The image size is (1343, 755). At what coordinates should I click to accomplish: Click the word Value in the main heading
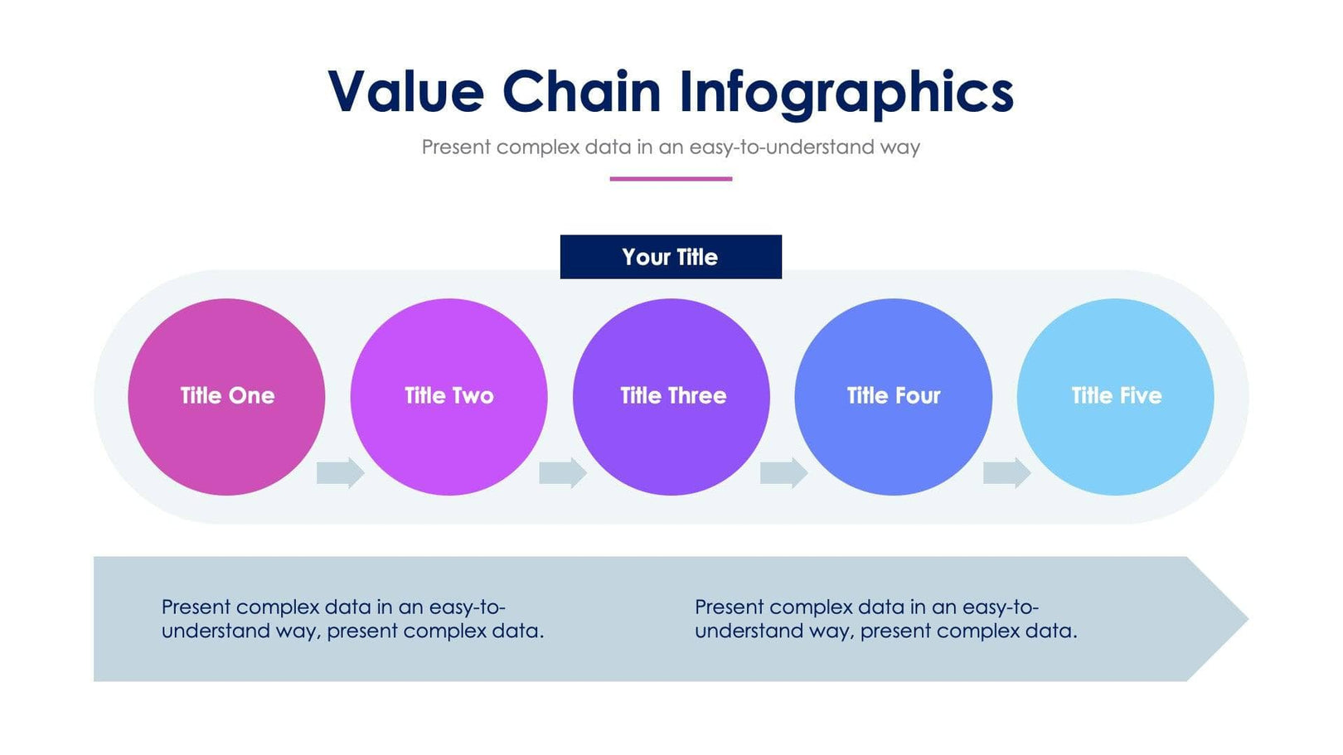[405, 91]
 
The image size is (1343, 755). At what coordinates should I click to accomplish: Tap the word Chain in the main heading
[581, 91]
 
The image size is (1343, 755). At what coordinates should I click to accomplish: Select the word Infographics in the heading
[846, 93]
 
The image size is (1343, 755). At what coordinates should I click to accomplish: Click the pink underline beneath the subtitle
[671, 178]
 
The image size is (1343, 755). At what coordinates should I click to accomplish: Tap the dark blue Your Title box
[671, 257]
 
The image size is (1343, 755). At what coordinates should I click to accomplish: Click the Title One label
[227, 396]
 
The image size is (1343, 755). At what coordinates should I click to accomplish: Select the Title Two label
[448, 396]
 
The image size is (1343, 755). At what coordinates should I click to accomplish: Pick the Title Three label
[672, 396]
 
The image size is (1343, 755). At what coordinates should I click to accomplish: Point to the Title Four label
[893, 396]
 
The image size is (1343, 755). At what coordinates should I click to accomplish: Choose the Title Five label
[1116, 396]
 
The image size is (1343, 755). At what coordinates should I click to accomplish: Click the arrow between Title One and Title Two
[340, 472]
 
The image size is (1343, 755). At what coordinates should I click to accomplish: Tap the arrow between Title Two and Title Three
[562, 472]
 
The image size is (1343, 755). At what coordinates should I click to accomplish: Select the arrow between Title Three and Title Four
[783, 472]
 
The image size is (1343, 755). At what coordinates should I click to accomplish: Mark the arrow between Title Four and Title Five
[1006, 472]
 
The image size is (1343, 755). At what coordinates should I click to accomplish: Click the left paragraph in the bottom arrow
[352, 619]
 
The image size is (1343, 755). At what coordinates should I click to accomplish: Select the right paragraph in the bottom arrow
[885, 619]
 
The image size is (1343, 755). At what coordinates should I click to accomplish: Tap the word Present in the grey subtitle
[456, 148]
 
